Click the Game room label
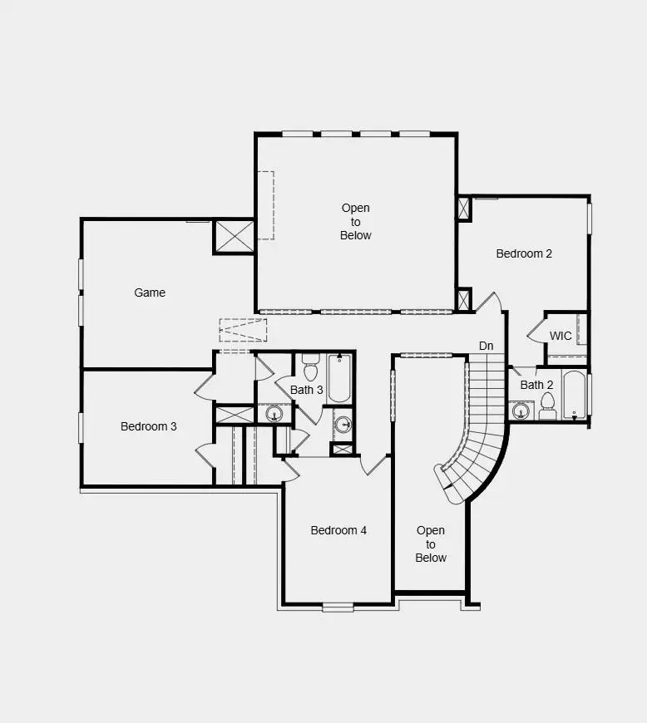[x=150, y=293]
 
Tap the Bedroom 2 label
[x=524, y=253]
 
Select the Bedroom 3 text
[x=148, y=426]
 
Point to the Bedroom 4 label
[x=338, y=530]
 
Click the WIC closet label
[x=561, y=337]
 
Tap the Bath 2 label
[x=536, y=385]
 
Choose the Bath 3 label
[x=306, y=390]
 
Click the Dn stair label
[x=486, y=346]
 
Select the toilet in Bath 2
[x=547, y=405]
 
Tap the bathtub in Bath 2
[x=575, y=395]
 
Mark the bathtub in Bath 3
[x=339, y=378]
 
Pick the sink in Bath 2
[x=521, y=410]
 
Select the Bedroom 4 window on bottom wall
[x=338, y=607]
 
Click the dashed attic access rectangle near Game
[x=243, y=330]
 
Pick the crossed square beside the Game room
[x=234, y=236]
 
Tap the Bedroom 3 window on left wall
[x=81, y=426]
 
